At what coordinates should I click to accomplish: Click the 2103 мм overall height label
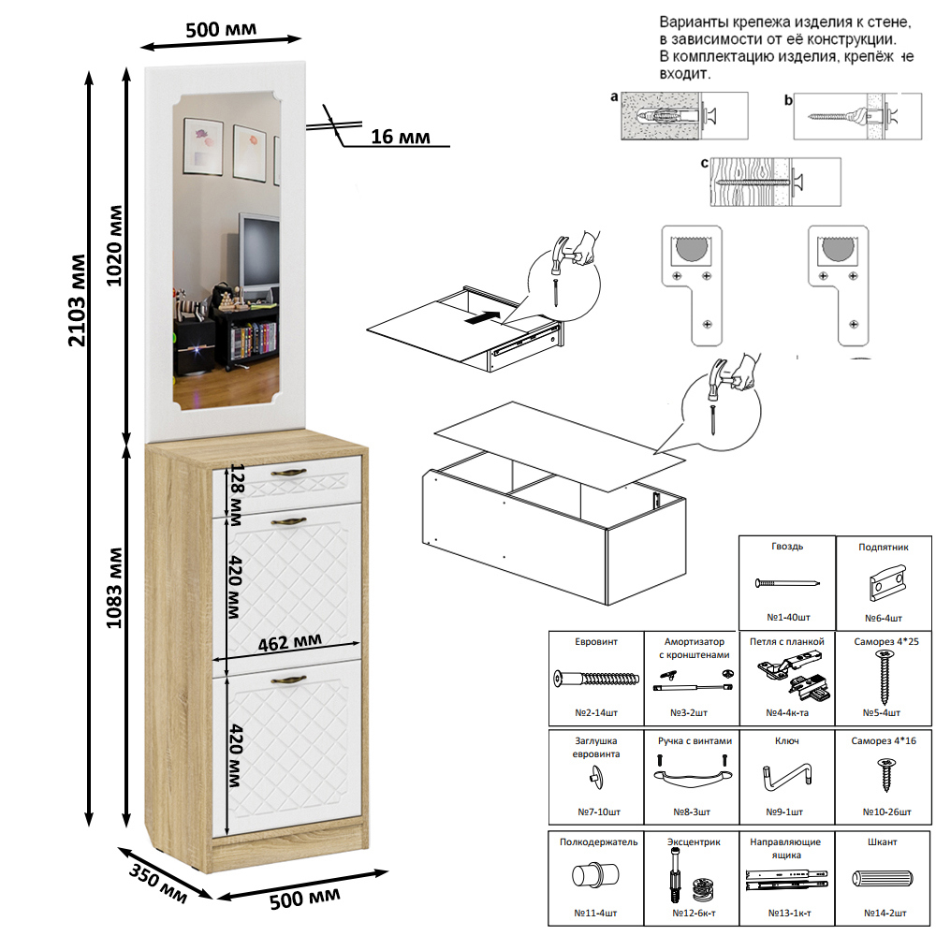pos(79,300)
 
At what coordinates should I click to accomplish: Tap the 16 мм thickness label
pos(400,137)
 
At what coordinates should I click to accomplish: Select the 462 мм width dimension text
pos(289,642)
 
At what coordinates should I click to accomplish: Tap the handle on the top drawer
pos(289,473)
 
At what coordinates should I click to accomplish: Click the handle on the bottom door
pos(289,680)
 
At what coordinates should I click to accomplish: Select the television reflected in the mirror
pos(259,251)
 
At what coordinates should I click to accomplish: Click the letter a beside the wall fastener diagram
pos(614,96)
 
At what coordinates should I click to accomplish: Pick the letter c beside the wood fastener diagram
pos(705,163)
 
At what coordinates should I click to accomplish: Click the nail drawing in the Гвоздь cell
pos(787,582)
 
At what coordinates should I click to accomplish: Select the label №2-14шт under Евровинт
pos(595,712)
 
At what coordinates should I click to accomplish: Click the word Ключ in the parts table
pos(787,740)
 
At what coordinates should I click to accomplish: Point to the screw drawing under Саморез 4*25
pos(885,678)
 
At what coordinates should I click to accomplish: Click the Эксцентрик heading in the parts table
pos(694,842)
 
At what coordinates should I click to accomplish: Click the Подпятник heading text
pos(884,548)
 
